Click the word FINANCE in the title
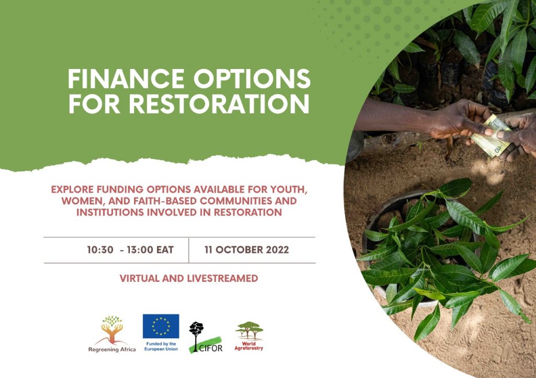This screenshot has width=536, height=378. coord(126,79)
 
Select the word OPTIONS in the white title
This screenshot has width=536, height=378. coord(252,79)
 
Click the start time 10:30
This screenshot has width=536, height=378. coord(100,250)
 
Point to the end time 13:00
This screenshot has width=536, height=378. coord(140,250)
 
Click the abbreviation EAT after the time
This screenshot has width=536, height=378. coord(165,250)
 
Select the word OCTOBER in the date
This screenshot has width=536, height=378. coord(239,250)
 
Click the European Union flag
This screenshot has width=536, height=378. coord(161,326)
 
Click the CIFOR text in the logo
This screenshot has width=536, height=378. coord(210,348)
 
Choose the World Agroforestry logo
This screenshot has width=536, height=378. coord(249,336)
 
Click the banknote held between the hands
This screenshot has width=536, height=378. coord(491,136)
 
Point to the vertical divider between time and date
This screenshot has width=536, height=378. coord(188,250)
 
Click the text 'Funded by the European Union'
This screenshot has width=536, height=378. coord(161,346)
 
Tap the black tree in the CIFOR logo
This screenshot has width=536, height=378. coord(196,335)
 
